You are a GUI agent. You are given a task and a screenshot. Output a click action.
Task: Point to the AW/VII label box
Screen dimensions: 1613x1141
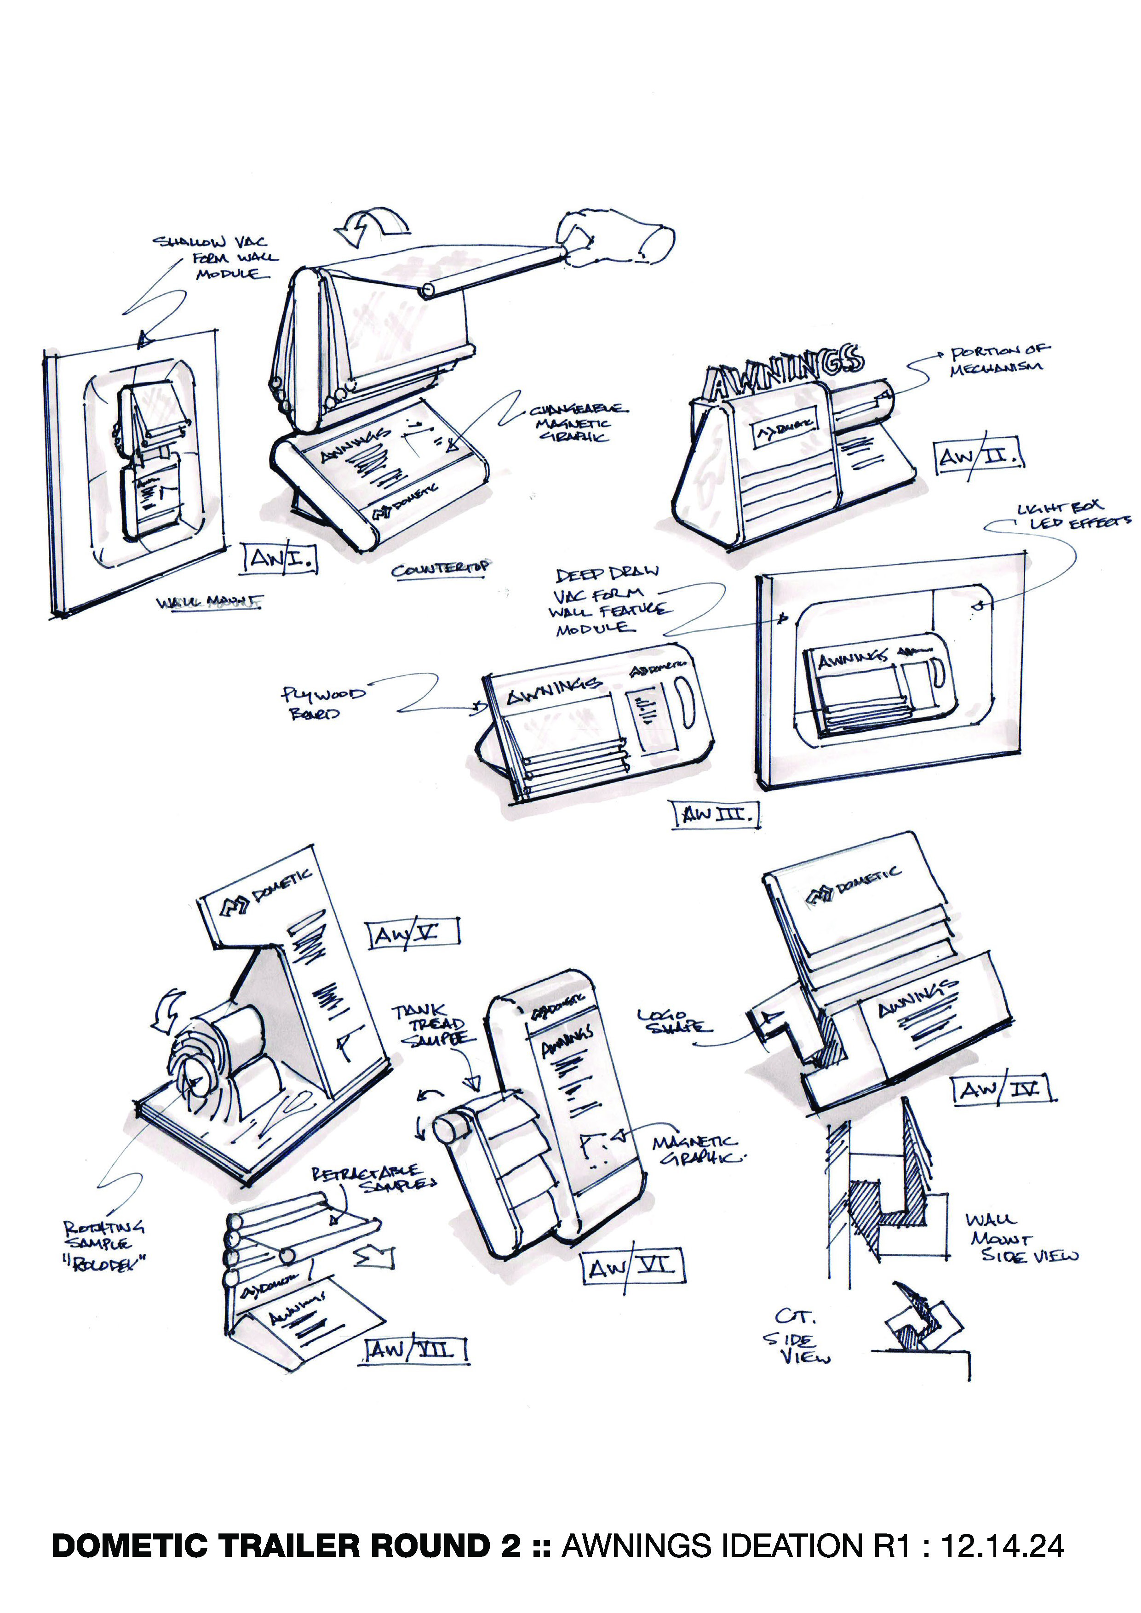point(416,1350)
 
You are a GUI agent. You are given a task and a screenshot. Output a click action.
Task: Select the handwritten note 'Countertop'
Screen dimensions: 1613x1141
point(441,569)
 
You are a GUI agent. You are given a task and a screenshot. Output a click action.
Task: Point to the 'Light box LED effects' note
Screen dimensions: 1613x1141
point(1072,515)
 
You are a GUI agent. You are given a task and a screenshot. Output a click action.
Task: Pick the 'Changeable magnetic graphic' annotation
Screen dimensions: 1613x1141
point(578,423)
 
